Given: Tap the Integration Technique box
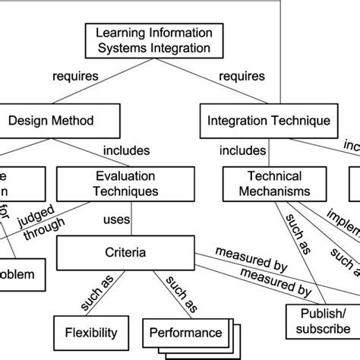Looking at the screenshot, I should coord(268,120).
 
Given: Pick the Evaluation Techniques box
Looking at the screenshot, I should coord(118,185).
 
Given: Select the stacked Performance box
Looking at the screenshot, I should coord(185,332).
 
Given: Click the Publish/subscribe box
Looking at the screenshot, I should coord(317,321).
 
